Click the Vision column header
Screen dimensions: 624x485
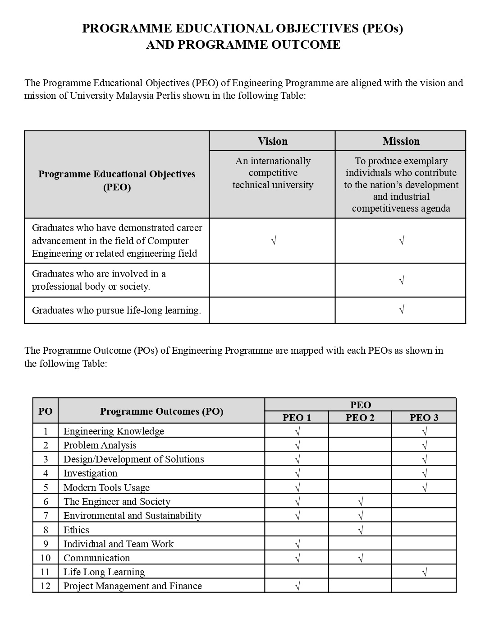[x=272, y=141]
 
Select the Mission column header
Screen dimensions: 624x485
[x=401, y=141]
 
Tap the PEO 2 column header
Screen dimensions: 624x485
[x=360, y=417]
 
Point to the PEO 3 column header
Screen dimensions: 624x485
[x=424, y=417]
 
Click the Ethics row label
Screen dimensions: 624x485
[x=76, y=530]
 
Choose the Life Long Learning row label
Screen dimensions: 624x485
[x=104, y=572]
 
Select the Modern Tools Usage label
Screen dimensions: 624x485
[x=106, y=487]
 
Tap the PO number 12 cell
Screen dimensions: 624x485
[x=46, y=586]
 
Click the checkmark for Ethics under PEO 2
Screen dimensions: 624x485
[x=360, y=530]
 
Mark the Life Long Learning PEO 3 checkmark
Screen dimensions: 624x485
[x=424, y=572]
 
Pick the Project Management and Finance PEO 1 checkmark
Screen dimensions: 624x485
[x=297, y=586]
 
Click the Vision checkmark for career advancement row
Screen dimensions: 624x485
[x=273, y=240]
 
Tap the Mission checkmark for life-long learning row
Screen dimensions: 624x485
[x=401, y=310]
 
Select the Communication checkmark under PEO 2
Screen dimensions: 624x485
[x=360, y=558]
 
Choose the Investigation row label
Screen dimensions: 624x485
[x=90, y=473]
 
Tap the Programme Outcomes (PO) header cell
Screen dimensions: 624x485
[x=161, y=411]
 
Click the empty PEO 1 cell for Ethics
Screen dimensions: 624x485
[x=297, y=530]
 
